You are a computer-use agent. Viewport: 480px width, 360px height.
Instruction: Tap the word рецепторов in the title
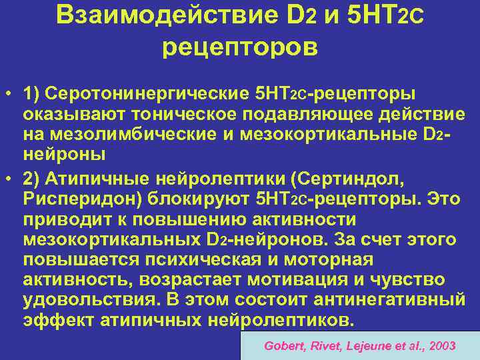click(x=240, y=49)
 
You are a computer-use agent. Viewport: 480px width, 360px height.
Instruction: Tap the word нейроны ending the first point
click(x=64, y=154)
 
